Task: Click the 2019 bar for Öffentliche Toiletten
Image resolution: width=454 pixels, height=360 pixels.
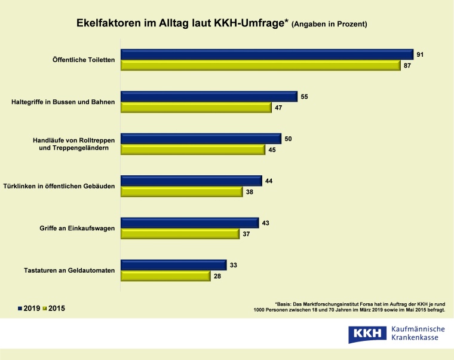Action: point(267,54)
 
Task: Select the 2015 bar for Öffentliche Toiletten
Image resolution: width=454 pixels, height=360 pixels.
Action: point(261,65)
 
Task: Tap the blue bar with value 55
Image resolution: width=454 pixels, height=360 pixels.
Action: point(209,96)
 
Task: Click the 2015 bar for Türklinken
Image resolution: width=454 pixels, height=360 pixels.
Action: point(182,191)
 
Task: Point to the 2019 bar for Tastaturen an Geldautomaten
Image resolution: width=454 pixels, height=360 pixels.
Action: point(173,265)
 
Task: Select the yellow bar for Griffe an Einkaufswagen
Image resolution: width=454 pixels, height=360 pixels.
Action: point(180,234)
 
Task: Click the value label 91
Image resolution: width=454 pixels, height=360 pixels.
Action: point(421,54)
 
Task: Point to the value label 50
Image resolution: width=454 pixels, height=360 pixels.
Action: point(288,139)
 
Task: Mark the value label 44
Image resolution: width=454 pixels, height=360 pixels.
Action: point(269,181)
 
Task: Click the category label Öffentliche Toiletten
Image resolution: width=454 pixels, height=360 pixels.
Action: point(83,60)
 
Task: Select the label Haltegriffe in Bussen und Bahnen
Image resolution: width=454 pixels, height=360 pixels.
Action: point(63,102)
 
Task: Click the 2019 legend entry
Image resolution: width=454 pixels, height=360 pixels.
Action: point(29,309)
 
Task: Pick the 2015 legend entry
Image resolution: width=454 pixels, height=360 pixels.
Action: point(54,309)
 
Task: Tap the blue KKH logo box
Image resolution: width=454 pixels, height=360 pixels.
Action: point(366,334)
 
